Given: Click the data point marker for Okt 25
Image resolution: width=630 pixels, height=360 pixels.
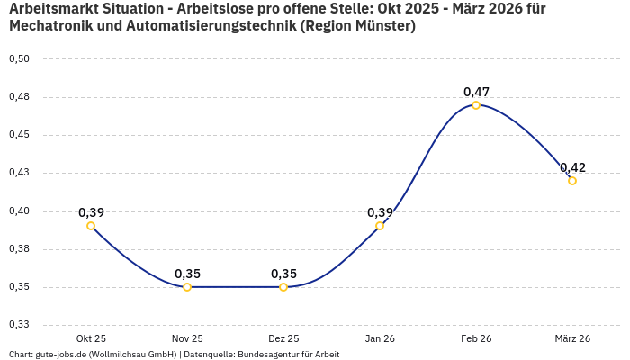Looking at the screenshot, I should (91, 226).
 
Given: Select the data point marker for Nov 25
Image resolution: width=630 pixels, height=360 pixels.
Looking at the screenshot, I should (187, 287).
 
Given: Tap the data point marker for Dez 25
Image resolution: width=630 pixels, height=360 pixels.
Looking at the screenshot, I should (283, 287).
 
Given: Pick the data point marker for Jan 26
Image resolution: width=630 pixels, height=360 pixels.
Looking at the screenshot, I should (380, 226).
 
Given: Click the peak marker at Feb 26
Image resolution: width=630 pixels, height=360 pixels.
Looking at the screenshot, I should (476, 105).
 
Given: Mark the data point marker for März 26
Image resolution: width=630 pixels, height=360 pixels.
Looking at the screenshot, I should (572, 181).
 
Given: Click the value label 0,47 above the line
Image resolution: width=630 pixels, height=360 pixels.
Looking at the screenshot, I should (476, 92).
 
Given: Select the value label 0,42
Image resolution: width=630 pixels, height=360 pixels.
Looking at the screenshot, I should (572, 167).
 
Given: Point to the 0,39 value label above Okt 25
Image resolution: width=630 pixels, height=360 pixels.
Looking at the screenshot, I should (91, 212).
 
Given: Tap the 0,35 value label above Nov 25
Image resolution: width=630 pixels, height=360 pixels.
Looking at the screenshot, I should (187, 274).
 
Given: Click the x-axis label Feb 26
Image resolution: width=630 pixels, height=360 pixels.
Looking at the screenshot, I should (476, 338).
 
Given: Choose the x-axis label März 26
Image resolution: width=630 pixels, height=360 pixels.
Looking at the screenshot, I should (572, 338).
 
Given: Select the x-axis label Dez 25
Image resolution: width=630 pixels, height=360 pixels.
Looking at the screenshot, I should (283, 338).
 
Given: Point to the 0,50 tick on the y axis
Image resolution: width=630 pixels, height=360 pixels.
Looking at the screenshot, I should (19, 59).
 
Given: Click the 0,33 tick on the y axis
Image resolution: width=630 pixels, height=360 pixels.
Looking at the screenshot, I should (19, 324).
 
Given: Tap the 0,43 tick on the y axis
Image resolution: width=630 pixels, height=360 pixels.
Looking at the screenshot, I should (19, 173).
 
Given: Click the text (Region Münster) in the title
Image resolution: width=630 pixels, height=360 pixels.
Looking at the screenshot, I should (359, 26).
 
